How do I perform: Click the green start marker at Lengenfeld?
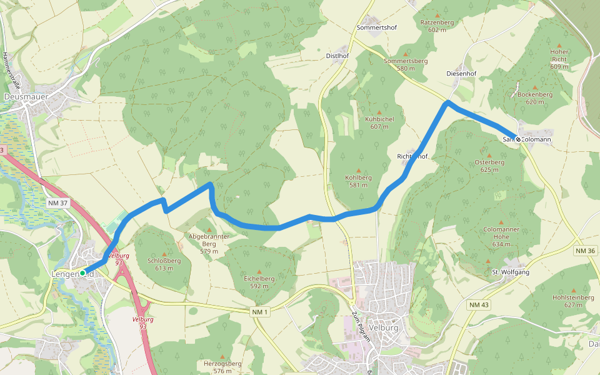coord(82,272)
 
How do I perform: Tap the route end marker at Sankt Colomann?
coord(517,139)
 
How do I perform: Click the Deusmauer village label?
coord(26,97)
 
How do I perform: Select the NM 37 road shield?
coord(57,202)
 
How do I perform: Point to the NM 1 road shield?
coord(260,312)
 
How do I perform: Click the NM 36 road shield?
coord(586,251)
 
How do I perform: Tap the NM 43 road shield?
coord(478,304)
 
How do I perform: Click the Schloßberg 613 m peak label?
coord(164,264)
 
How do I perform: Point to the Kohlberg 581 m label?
coord(359,181)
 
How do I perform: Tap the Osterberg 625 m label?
coord(489,166)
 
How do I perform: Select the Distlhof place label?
coord(337,56)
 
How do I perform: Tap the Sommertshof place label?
coord(377,28)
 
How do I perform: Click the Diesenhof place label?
coord(462,74)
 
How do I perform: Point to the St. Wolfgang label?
coord(511,272)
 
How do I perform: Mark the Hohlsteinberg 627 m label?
coord(573,301)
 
